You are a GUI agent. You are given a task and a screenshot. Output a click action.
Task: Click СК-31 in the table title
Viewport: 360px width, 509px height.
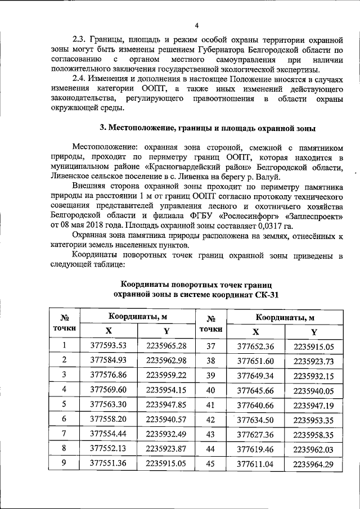pyautogui.click(x=264, y=294)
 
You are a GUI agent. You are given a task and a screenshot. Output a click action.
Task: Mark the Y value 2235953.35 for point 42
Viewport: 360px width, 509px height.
pyautogui.click(x=313, y=418)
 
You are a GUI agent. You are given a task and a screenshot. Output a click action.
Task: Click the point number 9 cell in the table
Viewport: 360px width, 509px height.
pyautogui.click(x=65, y=462)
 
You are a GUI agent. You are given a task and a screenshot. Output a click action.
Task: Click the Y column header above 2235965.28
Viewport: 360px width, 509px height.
pyautogui.click(x=166, y=331)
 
